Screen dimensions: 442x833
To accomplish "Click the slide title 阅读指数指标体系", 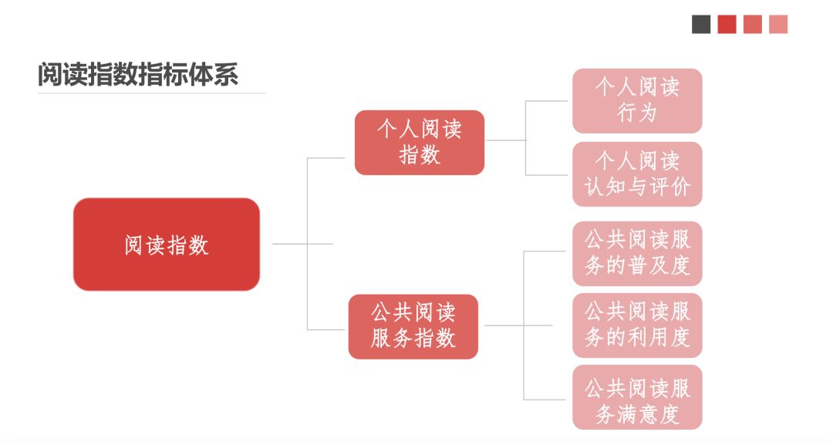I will [x=138, y=75].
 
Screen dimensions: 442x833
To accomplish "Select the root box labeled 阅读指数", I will [x=167, y=245].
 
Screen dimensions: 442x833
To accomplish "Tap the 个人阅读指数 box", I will [x=420, y=142].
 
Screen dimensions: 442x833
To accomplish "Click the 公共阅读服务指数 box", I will [x=413, y=326].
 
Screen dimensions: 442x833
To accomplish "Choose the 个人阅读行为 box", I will [x=637, y=100].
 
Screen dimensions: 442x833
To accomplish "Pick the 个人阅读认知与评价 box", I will [x=637, y=174].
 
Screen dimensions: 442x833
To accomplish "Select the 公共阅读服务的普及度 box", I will [x=637, y=253].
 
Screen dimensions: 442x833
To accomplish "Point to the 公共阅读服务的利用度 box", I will [x=637, y=325].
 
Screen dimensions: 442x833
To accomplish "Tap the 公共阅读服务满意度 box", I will [x=637, y=398].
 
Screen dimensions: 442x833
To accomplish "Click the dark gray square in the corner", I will [x=701, y=24].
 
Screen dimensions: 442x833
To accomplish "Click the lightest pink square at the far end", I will [x=778, y=24].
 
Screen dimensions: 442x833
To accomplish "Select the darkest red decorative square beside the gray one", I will [x=727, y=24].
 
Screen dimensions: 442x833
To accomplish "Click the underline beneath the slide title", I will [x=151, y=93].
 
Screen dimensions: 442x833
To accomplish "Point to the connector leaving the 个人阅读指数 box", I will [x=505, y=140].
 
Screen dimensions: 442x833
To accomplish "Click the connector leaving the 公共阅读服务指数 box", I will [x=501, y=326].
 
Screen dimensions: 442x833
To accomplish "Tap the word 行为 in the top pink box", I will [x=637, y=113].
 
